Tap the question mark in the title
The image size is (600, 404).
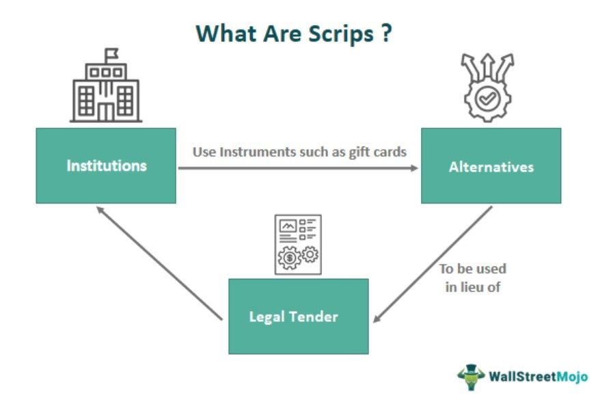[387, 34]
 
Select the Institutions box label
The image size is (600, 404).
[106, 165]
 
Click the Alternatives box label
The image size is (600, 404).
[491, 166]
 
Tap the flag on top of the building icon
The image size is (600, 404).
[111, 53]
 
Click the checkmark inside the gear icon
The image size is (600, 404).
[487, 100]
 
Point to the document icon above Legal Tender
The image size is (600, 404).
[298, 244]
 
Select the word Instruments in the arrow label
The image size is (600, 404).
[247, 151]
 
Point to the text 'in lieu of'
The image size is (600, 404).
[473, 287]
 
